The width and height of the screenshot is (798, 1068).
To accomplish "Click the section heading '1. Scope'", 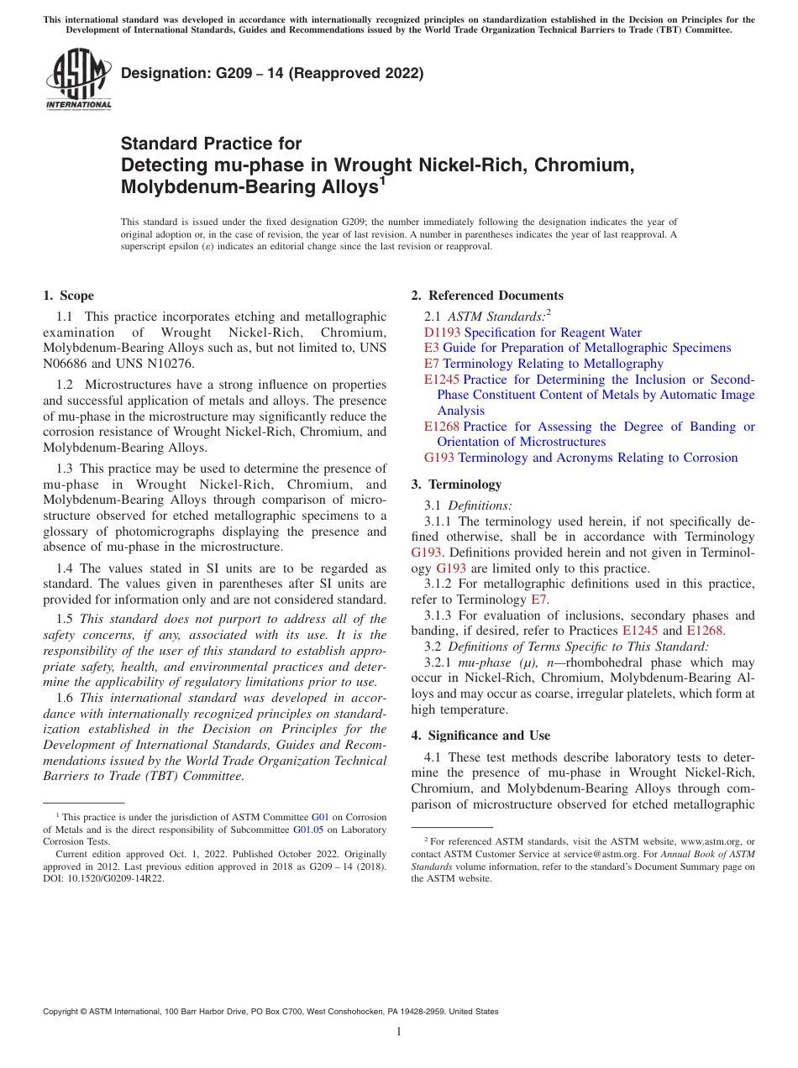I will pyautogui.click(x=68, y=296).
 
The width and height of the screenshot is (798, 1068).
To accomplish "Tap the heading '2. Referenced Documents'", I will pyautogui.click(x=487, y=296).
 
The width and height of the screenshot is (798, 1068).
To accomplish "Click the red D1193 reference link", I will pyautogui.click(x=442, y=332).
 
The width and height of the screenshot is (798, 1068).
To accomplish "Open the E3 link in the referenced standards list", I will pyautogui.click(x=431, y=348).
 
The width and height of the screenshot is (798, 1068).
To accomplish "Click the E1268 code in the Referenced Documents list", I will pyautogui.click(x=442, y=427).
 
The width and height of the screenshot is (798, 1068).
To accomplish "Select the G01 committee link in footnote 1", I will pyautogui.click(x=320, y=817).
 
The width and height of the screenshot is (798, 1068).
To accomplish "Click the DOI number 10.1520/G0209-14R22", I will pyautogui.click(x=114, y=879).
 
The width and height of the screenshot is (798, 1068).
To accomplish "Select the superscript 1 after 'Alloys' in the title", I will pyautogui.click(x=381, y=180).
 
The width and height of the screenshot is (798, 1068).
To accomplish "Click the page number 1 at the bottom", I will pyautogui.click(x=399, y=1032).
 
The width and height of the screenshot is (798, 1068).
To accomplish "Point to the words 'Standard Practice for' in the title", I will pyautogui.click(x=211, y=143).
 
